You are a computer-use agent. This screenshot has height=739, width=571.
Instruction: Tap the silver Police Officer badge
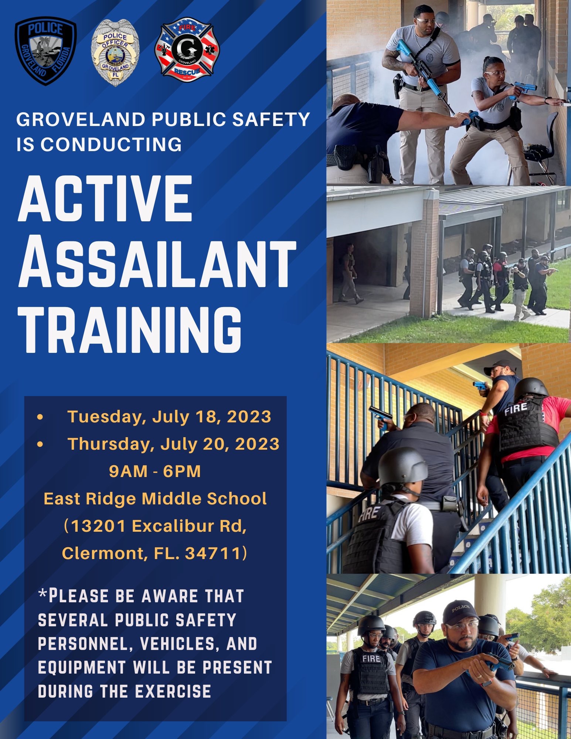[x=115, y=52]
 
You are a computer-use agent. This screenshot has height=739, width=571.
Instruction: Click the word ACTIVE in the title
[x=106, y=198]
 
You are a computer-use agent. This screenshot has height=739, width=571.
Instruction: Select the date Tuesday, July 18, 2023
[x=169, y=416]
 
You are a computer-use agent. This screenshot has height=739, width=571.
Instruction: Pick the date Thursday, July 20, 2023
[x=173, y=444]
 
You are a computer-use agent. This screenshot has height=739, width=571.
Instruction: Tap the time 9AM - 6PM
[x=155, y=471]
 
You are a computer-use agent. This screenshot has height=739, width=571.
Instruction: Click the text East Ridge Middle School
[x=155, y=498]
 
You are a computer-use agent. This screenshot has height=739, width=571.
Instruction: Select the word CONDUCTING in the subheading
[x=111, y=144]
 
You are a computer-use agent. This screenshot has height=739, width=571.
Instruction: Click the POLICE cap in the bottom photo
[x=460, y=612]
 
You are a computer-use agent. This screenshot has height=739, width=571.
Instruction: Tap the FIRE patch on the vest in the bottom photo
[x=371, y=658]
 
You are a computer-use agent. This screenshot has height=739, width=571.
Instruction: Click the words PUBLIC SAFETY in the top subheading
[x=231, y=119]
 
